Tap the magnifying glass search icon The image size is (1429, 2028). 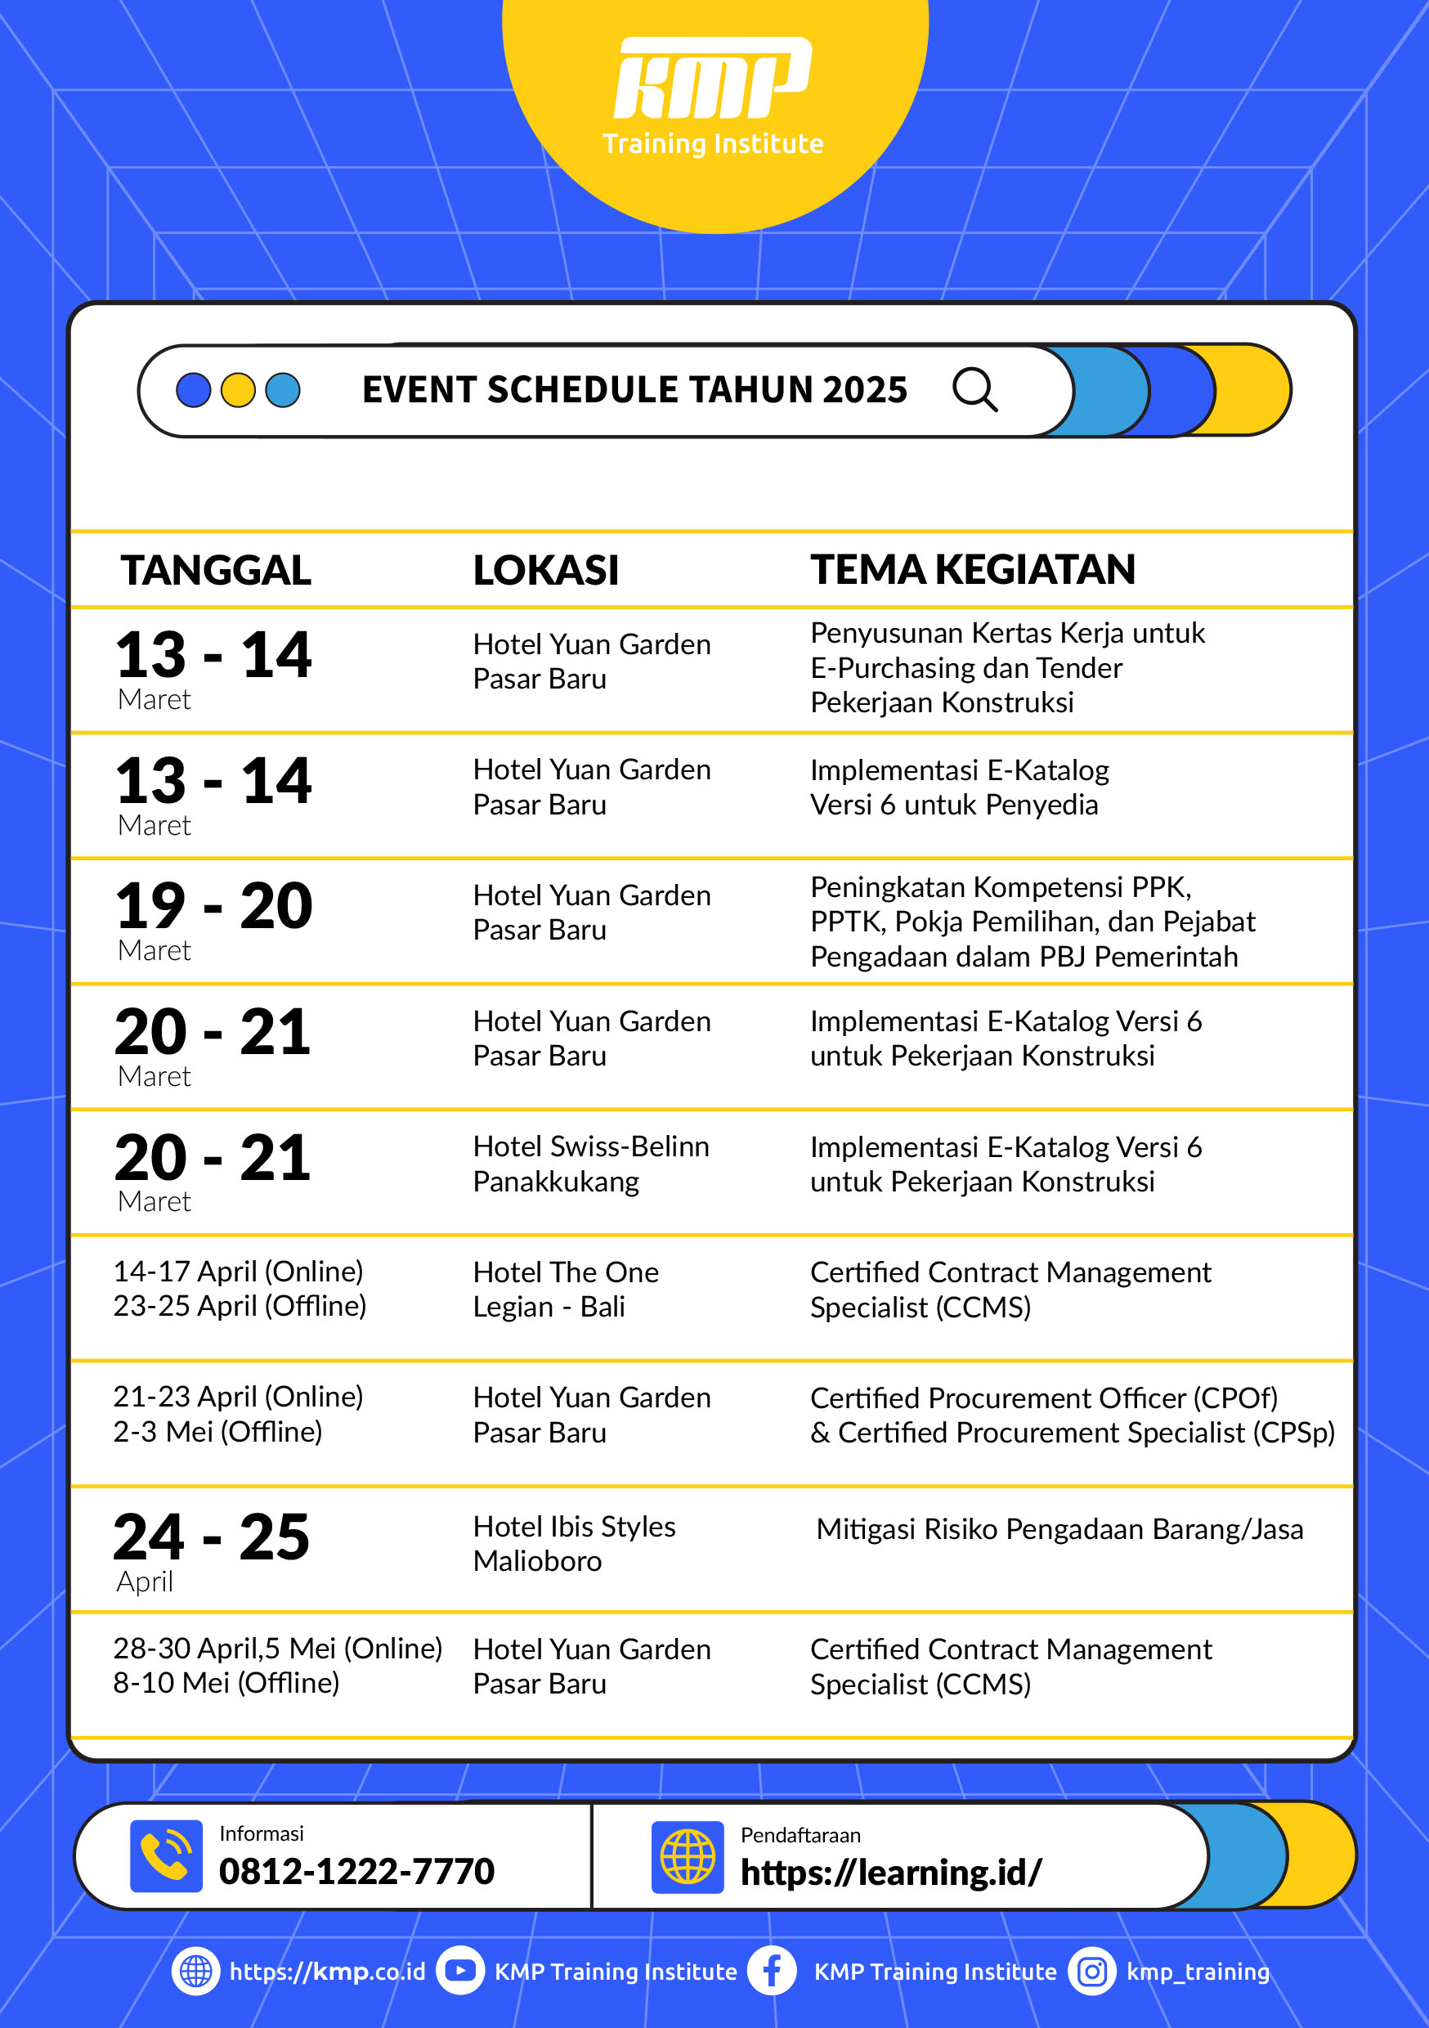(x=974, y=389)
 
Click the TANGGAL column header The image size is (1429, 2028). (x=216, y=570)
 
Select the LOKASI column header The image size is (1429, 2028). (x=546, y=570)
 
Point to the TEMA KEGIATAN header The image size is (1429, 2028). (x=972, y=570)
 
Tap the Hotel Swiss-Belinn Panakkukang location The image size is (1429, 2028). (x=591, y=1164)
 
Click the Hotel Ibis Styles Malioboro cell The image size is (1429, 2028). (x=574, y=1543)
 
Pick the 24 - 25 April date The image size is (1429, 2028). (x=211, y=1547)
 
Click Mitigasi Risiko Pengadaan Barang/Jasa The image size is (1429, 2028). (x=1059, y=1529)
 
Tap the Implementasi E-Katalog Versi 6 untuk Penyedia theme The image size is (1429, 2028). (x=959, y=787)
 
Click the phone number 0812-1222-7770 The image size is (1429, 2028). (x=356, y=1871)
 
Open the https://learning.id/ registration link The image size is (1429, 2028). (x=890, y=1873)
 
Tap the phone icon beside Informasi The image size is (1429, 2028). (x=166, y=1855)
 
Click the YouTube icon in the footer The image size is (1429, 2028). (x=460, y=1971)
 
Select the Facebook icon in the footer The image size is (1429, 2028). (x=771, y=1971)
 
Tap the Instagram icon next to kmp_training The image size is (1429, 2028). (x=1091, y=1971)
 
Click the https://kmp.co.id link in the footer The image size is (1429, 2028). (x=327, y=1972)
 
